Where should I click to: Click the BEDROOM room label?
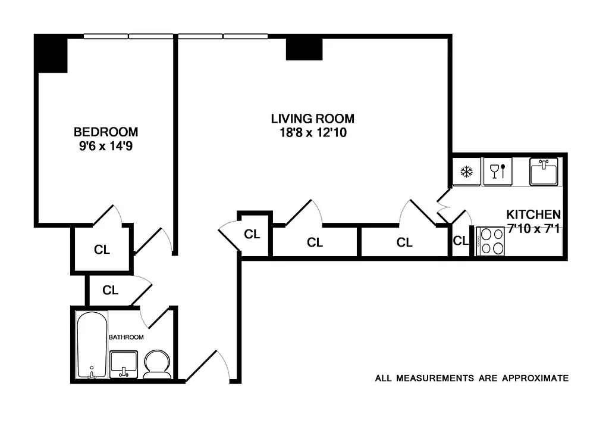106,132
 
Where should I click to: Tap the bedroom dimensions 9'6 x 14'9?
106,145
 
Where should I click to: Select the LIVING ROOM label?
312,119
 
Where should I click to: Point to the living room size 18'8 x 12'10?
312,133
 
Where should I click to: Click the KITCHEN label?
533,214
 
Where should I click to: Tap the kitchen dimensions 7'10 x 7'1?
533,228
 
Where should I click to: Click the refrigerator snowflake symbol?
467,172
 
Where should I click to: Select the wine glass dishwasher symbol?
497,172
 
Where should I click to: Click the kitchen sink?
544,172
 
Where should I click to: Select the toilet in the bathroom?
158,364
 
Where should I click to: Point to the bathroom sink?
124,363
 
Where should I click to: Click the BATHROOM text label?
126,337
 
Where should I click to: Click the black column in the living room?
304,49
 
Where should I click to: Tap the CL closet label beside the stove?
461,241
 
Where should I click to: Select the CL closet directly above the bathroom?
111,291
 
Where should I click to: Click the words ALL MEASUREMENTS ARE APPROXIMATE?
472,378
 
